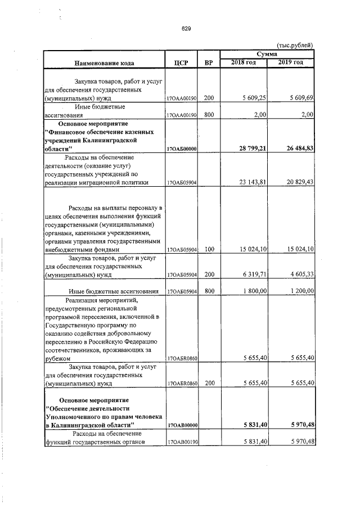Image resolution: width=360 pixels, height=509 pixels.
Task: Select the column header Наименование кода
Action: (102, 62)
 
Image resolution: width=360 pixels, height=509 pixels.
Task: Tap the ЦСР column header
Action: (181, 62)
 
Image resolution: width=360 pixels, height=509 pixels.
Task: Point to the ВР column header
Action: (209, 62)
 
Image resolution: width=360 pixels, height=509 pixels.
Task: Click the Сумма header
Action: (266, 53)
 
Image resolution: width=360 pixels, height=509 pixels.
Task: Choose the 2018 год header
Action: (244, 62)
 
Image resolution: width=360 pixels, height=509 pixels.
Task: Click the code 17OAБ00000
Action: (181, 148)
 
